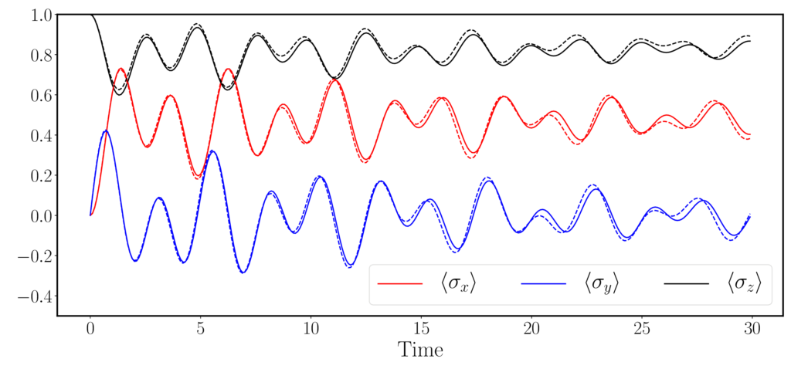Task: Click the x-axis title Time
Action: point(420,350)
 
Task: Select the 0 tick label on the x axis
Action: point(90,328)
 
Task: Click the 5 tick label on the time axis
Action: point(200,328)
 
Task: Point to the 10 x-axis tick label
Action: point(311,328)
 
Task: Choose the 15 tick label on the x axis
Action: point(420,328)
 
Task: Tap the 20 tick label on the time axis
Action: point(531,328)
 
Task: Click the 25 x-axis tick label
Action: point(640,328)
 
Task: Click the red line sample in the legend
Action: point(400,284)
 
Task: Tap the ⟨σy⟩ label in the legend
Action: point(603,285)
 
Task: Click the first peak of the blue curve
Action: point(106,131)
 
